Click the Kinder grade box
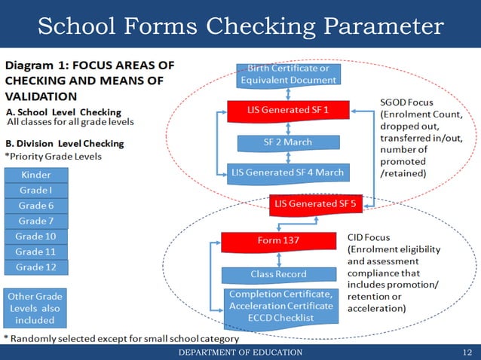[x=35, y=175]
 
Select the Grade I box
[x=35, y=190]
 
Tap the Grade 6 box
[x=35, y=206]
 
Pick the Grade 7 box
[x=35, y=221]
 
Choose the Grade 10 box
[x=35, y=236]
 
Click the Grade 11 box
[x=35, y=252]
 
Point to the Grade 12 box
[x=35, y=267]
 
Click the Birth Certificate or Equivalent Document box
[x=289, y=74]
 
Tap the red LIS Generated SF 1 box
[x=288, y=110]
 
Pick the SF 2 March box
[x=289, y=142]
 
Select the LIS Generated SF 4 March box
[x=288, y=172]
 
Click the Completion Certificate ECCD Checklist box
[x=280, y=306]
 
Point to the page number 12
[x=467, y=352]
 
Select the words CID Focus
[x=372, y=237]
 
